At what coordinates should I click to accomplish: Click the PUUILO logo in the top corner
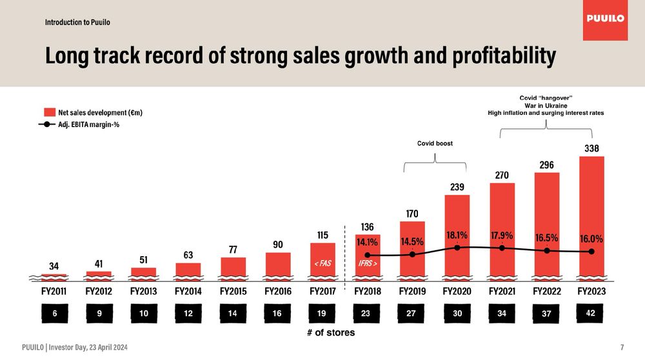(x=605, y=19)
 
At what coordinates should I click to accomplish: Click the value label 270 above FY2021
(x=502, y=175)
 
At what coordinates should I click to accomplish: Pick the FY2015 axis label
(x=233, y=291)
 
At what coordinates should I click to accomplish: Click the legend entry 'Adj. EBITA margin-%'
(x=94, y=125)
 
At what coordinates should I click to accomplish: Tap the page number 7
(x=622, y=348)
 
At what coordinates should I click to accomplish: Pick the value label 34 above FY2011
(x=54, y=266)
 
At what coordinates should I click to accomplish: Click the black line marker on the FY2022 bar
(x=546, y=251)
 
